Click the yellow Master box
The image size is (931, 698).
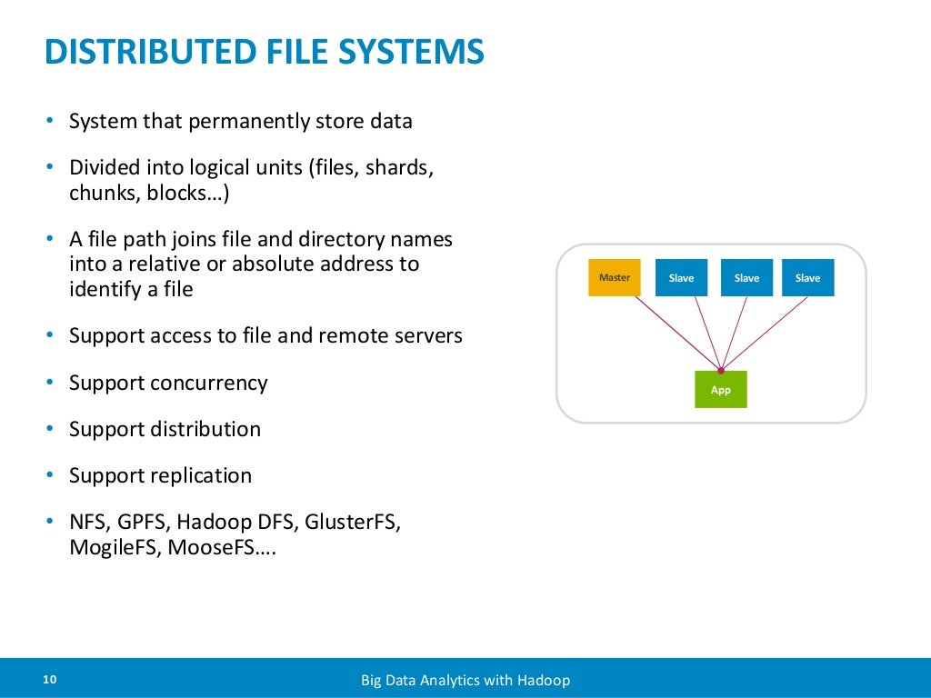tap(615, 278)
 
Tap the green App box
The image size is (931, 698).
tap(720, 390)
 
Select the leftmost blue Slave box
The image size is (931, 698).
tap(681, 278)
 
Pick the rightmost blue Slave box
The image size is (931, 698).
tap(807, 278)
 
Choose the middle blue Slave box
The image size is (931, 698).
tap(746, 278)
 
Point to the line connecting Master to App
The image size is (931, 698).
tap(677, 334)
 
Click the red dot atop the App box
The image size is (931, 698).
tap(721, 371)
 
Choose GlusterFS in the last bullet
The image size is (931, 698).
tap(352, 523)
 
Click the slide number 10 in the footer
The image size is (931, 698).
tap(49, 680)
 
